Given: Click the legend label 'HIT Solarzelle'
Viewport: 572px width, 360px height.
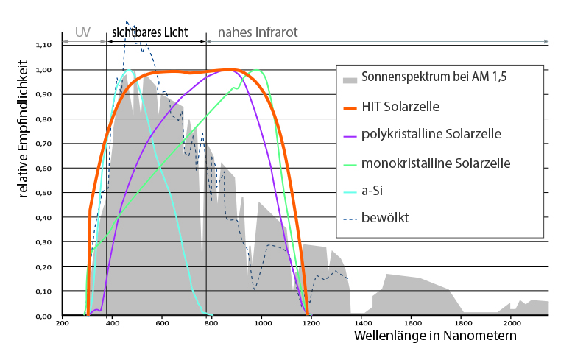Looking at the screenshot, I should pos(400,107).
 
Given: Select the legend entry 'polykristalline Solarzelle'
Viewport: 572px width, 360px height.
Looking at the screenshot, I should pos(431,135).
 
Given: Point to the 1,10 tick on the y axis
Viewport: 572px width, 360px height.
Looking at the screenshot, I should pos(44,45).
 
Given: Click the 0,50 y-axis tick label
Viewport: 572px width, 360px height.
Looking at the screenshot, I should pos(44,193).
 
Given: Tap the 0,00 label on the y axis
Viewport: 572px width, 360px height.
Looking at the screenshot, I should pos(44,317).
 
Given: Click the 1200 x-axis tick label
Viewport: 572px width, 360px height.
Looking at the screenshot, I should pos(311,323).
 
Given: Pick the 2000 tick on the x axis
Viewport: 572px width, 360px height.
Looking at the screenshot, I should pos(511,323).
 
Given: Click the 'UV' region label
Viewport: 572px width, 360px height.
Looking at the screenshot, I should pos(83,32).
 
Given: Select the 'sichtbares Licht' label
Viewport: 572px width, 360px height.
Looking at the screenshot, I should pos(150,32).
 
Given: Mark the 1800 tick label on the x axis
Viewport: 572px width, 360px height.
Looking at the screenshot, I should pos(461,323).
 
